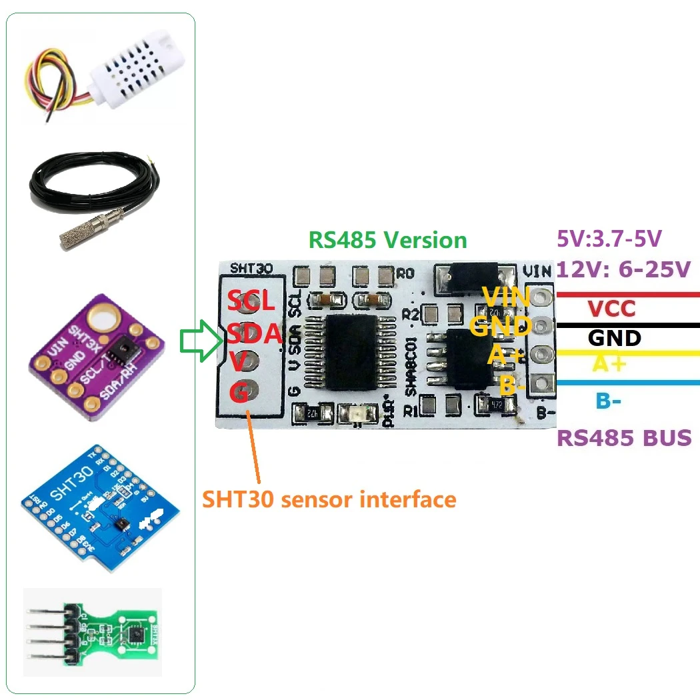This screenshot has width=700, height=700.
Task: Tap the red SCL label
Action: pyautogui.click(x=251, y=301)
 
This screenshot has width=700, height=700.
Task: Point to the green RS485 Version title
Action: pyautogui.click(x=387, y=240)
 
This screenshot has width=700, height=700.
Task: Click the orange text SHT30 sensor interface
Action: pyautogui.click(x=329, y=499)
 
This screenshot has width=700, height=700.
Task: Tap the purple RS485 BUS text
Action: pyautogui.click(x=624, y=439)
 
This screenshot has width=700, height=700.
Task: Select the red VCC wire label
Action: pyautogui.click(x=611, y=309)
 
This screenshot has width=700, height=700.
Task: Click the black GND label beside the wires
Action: pyautogui.click(x=614, y=337)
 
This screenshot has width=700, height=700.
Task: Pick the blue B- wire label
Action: pyautogui.click(x=609, y=401)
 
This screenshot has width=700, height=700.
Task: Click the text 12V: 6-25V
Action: pyautogui.click(x=623, y=269)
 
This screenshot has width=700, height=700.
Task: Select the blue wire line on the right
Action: pyautogui.click(x=627, y=383)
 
